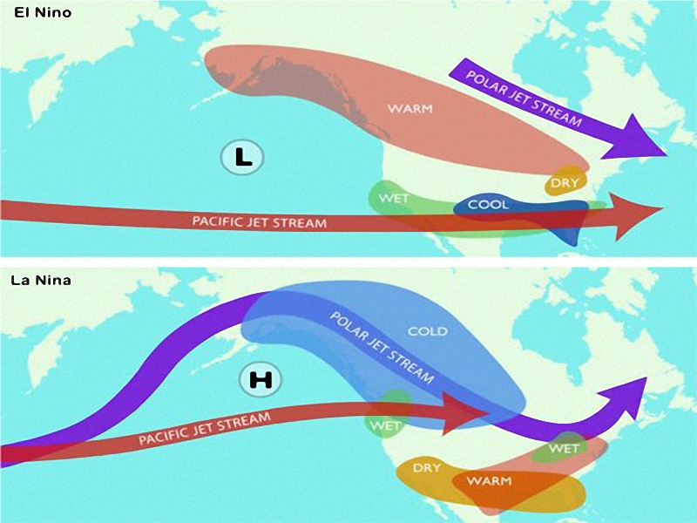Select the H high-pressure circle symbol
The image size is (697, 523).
tap(261, 379)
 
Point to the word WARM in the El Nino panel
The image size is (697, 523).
tap(409, 109)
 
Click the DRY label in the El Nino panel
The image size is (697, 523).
tap(562, 184)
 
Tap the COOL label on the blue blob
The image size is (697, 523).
tap(489, 206)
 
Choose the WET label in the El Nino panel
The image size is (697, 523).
tap(394, 198)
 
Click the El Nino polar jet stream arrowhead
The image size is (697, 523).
tap(643, 139)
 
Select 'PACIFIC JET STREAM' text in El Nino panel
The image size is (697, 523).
tap(260, 221)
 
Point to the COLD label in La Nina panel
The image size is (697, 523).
tap(427, 331)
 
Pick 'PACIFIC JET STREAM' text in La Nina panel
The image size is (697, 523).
tap(205, 428)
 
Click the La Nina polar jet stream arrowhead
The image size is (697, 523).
tap(629, 392)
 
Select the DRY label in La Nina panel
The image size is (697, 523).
tap(427, 468)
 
